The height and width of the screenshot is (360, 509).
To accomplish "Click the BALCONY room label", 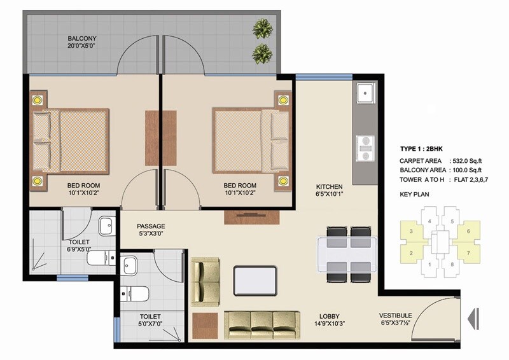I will point(82,39).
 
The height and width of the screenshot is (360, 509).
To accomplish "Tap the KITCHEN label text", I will point(330,187).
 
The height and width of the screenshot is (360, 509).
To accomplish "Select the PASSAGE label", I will point(151,226).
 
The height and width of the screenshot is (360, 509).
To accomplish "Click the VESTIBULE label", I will point(395,315).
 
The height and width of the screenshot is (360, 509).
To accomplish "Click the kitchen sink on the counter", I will point(365,94).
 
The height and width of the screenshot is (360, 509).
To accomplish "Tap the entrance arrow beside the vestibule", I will point(472,316).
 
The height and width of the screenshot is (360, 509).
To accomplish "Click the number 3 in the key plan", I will point(412,230).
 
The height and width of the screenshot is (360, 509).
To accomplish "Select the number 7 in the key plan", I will point(469,253).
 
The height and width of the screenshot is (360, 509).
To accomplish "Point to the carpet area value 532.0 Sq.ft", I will point(467,161).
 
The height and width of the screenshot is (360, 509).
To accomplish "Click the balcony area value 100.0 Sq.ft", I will point(467,170).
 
